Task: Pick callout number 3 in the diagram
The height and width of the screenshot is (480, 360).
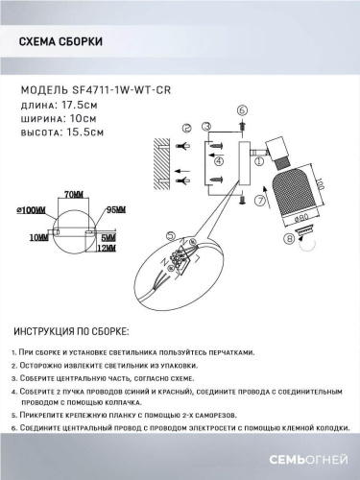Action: click(x=206, y=128)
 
